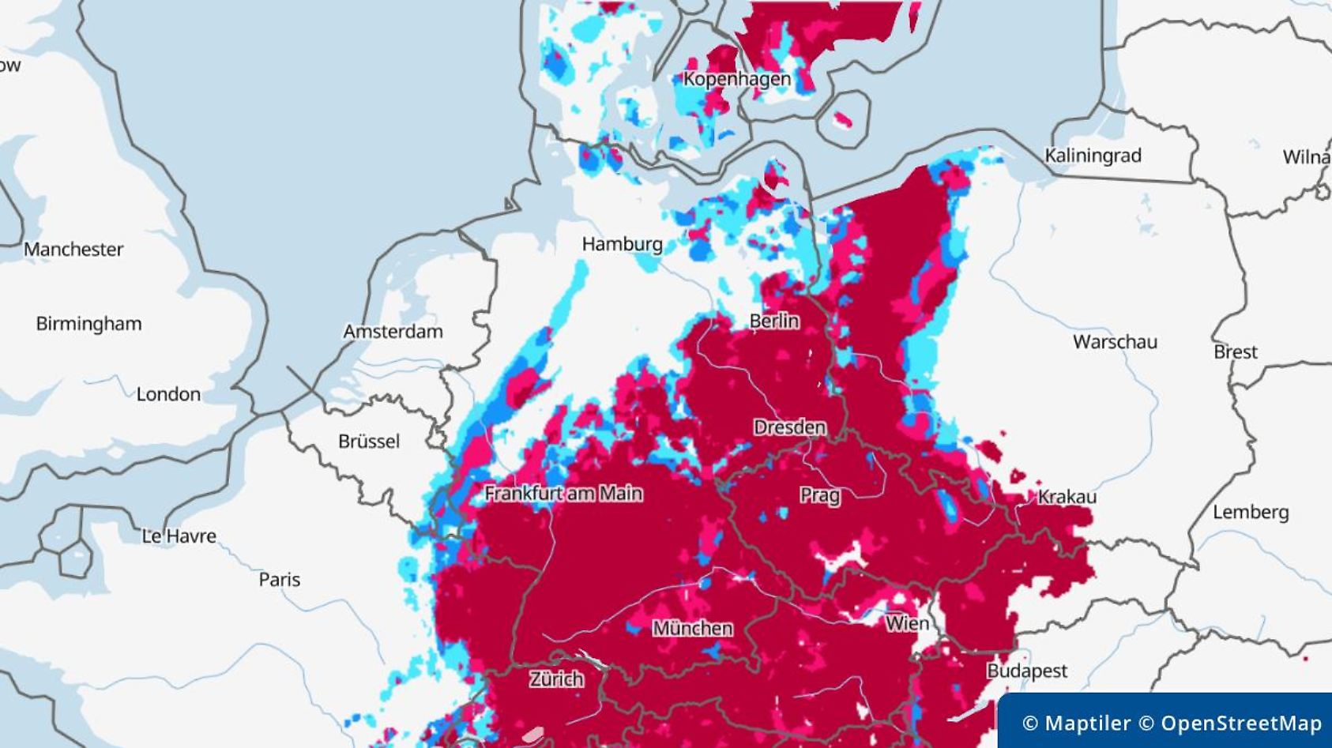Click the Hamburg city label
(x=622, y=244)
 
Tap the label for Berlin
(x=773, y=321)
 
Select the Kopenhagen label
(x=736, y=79)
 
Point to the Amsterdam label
(x=393, y=332)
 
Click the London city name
(x=168, y=394)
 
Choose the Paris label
(x=280, y=580)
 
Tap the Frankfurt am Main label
(x=563, y=494)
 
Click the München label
(x=692, y=629)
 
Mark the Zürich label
(x=556, y=679)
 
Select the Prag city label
(x=819, y=496)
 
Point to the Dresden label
(x=789, y=427)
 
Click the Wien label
(x=906, y=623)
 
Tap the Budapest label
(x=1026, y=671)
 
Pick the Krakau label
(x=1067, y=497)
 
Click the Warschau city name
(x=1115, y=342)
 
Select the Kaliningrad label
(x=1093, y=156)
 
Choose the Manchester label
(x=73, y=250)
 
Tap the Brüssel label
(x=369, y=442)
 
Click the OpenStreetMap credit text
(x=1240, y=723)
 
